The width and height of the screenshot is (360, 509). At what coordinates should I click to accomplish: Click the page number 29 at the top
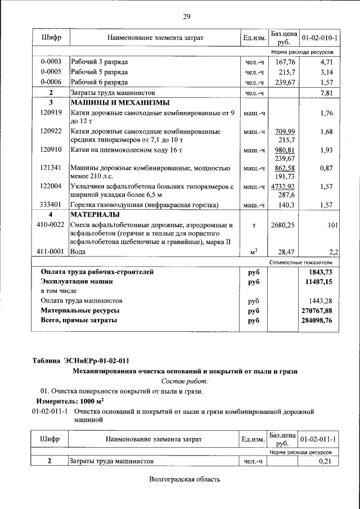point(186,16)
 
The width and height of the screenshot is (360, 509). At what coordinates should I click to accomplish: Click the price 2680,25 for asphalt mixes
point(282,225)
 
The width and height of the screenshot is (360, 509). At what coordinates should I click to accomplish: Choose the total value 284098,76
point(317,321)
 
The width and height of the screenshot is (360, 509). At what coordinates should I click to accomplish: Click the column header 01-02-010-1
point(319,38)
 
